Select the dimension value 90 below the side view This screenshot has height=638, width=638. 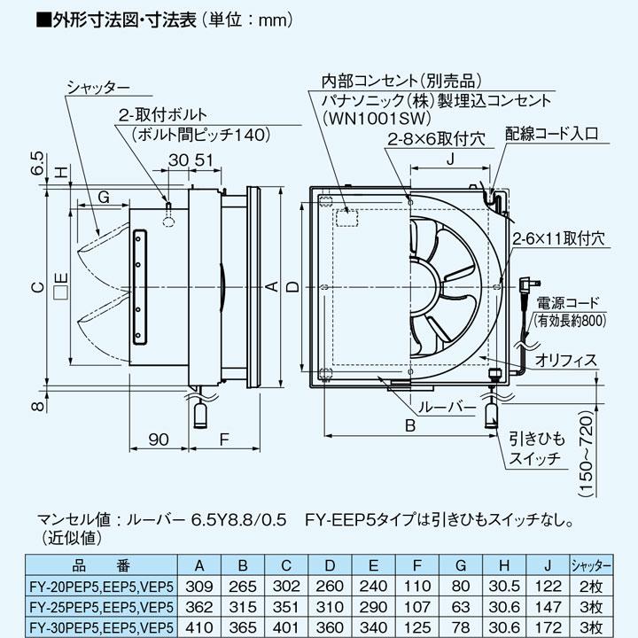coord(159,438)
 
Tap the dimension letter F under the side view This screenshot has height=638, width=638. coord(224,438)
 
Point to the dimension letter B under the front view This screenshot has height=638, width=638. coord(409,426)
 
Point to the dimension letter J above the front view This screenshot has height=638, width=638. coord(450,159)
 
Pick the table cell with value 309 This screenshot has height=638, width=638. coord(201,586)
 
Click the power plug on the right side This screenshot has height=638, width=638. coord(525,286)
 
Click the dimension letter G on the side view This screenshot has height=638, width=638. coord(105,196)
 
